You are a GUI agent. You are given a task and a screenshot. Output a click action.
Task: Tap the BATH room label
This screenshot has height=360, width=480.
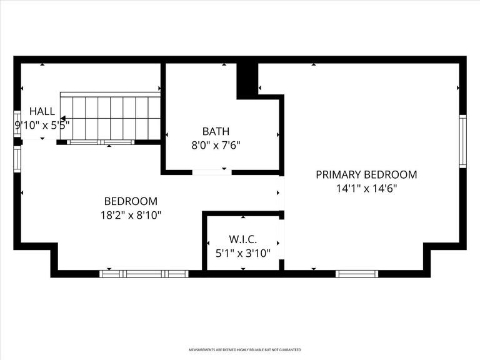tap(216, 131)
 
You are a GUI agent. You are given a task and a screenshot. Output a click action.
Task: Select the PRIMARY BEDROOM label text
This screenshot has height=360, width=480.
tap(366, 175)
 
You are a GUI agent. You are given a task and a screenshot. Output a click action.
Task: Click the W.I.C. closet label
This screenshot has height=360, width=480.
tap(244, 239)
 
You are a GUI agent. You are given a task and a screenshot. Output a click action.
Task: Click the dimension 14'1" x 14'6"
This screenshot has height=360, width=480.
tap(366, 187)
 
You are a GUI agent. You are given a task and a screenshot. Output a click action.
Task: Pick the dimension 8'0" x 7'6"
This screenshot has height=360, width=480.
tap(216, 144)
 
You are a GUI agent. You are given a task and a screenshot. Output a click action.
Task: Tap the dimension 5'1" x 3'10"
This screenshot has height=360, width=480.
tap(244, 252)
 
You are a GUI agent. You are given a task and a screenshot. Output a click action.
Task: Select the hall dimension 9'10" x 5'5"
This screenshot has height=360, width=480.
tap(42, 124)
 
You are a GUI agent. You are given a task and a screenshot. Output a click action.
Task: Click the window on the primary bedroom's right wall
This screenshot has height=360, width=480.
tap(462, 141)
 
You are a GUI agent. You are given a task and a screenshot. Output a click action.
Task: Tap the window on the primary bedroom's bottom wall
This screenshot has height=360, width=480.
tap(357, 273)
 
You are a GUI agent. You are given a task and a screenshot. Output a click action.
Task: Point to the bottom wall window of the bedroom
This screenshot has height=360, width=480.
tap(144, 273)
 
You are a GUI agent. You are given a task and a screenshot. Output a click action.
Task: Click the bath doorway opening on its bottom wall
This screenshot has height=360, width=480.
tap(209, 171)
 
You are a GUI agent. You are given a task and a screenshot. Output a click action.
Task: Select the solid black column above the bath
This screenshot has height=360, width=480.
tap(247, 79)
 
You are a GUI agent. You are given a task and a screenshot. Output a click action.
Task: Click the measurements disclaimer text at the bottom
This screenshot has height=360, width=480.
tap(244, 349)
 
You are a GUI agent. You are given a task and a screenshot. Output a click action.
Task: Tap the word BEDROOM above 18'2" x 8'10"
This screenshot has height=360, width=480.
tap(130, 201)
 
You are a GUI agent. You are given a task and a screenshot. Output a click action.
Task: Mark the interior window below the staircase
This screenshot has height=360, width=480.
tap(101, 142)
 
